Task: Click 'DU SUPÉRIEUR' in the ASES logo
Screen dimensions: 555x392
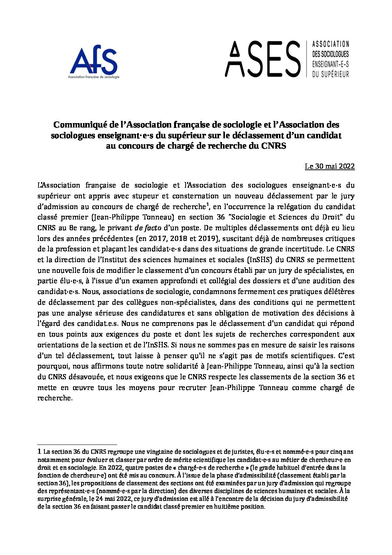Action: pos(331,75)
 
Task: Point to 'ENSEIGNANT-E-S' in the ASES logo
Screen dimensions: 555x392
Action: pos(331,64)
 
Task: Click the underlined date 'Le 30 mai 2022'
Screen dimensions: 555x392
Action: pos(330,166)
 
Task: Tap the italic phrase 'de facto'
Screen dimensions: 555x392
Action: pos(148,228)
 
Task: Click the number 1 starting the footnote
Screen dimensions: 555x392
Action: pos(39,452)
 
